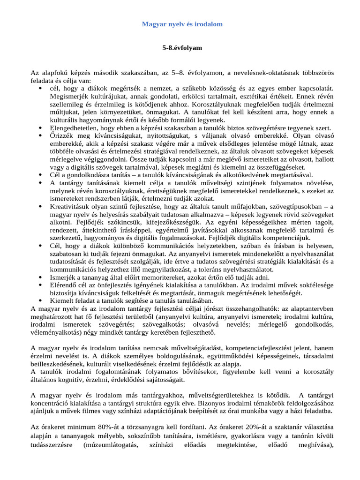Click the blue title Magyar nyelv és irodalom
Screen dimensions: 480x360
tap(182, 24)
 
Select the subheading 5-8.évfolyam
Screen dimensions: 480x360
tap(182, 48)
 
